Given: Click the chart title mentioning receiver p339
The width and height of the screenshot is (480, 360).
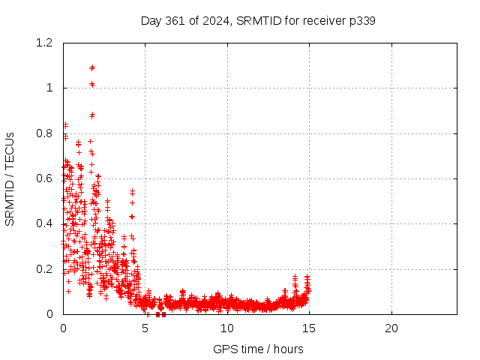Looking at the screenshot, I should click(258, 20).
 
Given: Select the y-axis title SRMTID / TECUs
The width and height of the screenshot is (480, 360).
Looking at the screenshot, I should click(10, 178).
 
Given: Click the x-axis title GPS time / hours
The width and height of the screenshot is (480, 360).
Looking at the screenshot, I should click(258, 349).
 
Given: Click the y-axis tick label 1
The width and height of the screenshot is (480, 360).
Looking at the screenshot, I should click(49, 88).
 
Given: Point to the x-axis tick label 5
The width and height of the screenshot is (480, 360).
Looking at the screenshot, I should click(145, 328).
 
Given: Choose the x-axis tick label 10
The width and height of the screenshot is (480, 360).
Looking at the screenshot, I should click(227, 328).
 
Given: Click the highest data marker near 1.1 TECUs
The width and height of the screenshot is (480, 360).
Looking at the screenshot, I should click(92, 67).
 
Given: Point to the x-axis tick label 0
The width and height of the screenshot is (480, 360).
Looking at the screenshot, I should click(63, 328).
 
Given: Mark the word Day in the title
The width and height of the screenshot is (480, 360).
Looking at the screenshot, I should click(151, 20).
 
